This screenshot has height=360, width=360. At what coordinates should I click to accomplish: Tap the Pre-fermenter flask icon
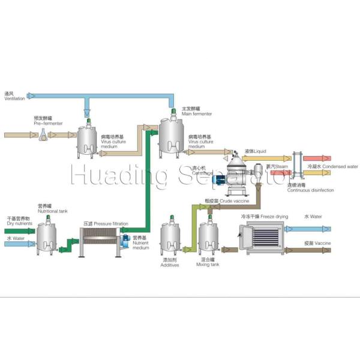click(x=44, y=136)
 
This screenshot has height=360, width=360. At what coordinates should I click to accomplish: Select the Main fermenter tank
click(x=173, y=135)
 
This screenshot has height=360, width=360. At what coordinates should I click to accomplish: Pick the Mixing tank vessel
click(x=209, y=240)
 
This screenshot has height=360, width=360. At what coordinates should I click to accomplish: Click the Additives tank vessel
click(x=172, y=240)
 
